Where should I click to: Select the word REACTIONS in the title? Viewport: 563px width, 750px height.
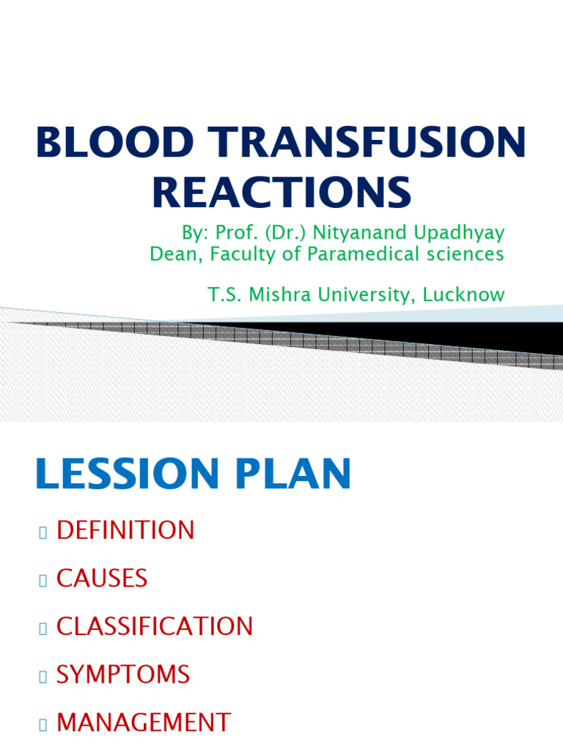pos(281,193)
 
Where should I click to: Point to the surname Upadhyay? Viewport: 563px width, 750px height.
pos(456,234)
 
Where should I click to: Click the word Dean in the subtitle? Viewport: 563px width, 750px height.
pos(170,254)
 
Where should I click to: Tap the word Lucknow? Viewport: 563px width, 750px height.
pos(466,295)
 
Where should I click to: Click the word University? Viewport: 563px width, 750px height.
pos(375,295)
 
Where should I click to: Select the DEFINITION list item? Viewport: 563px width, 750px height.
pos(125,530)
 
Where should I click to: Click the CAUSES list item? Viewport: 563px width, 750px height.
pos(102,579)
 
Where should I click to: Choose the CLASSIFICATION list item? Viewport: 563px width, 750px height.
pos(155,627)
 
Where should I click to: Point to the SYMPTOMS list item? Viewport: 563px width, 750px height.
pos(123,675)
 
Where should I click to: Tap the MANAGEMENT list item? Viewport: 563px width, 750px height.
pos(144,723)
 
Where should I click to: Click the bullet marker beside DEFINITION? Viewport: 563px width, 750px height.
pos(43,532)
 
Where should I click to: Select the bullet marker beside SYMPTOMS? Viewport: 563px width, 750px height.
pos(43,677)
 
